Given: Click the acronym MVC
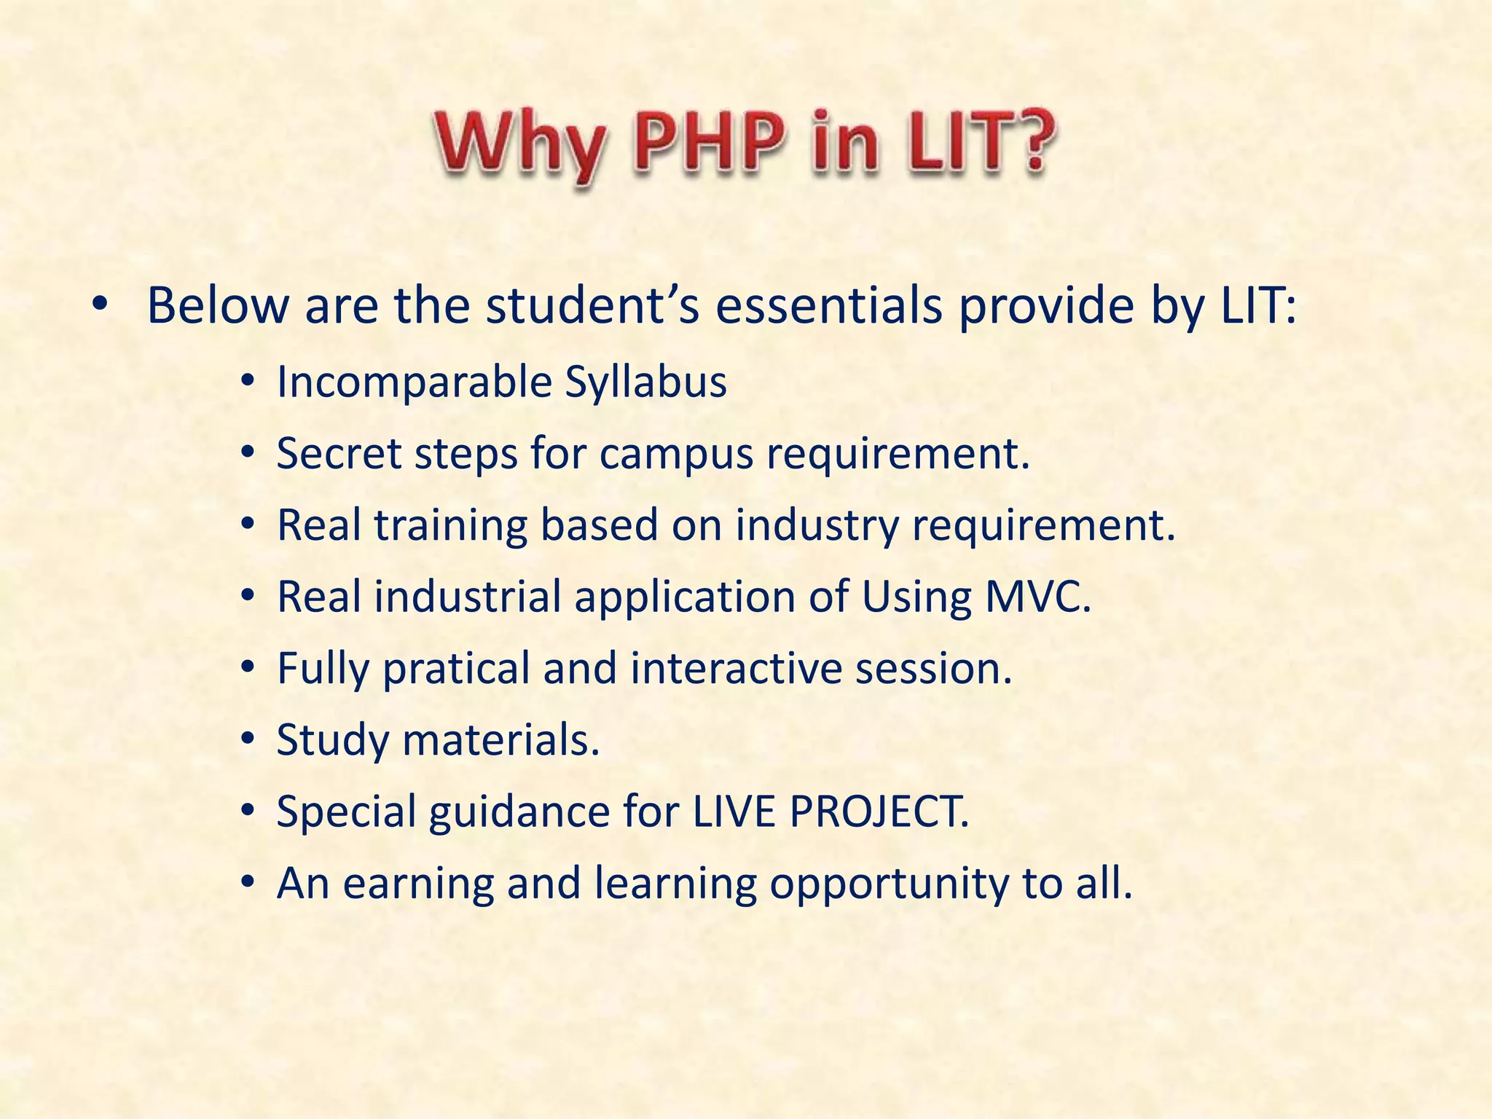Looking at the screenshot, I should [x=1037, y=596].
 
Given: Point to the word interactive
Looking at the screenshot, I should [x=736, y=667].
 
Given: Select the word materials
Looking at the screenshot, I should [x=500, y=739].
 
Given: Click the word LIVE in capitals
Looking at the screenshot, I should [x=734, y=811].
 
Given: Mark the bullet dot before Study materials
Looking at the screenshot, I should [x=248, y=740].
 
